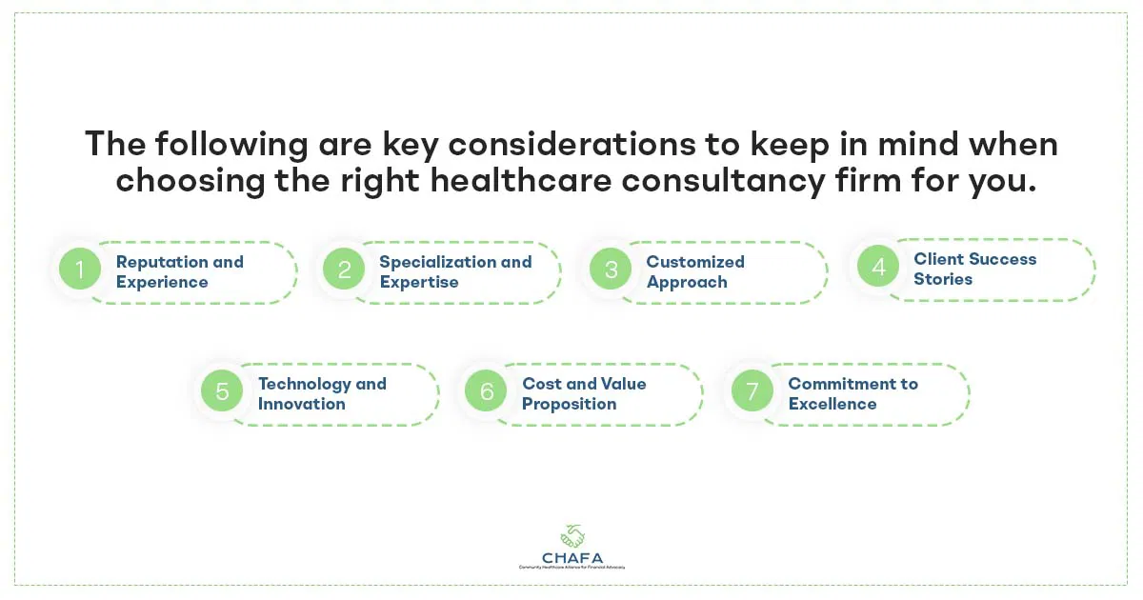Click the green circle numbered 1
pyautogui.click(x=80, y=270)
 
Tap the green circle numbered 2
pyautogui.click(x=344, y=270)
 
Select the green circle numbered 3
pyautogui.click(x=611, y=270)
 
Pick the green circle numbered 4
pyautogui.click(x=878, y=268)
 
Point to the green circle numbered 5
pyautogui.click(x=222, y=392)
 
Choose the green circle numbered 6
pyautogui.click(x=486, y=392)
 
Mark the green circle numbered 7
pyautogui.click(x=752, y=392)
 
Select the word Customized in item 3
pyautogui.click(x=695, y=261)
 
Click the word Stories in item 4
pyautogui.click(x=943, y=279)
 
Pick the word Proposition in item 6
pyautogui.click(x=569, y=404)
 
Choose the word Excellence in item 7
pyautogui.click(x=832, y=404)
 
